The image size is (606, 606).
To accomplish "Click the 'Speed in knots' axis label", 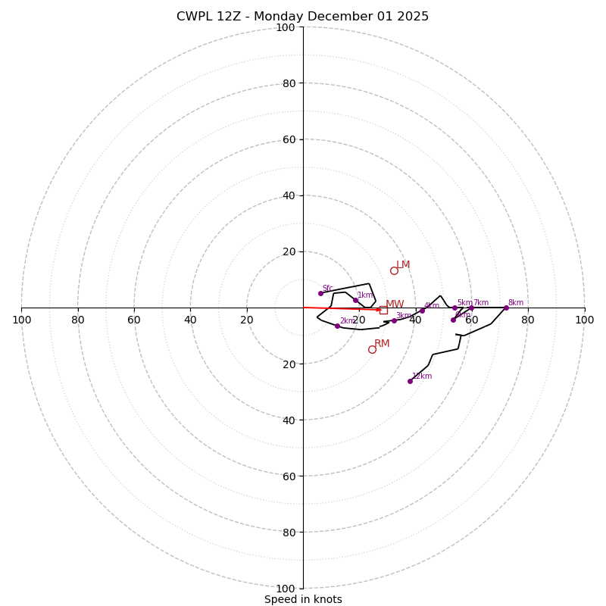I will [303, 600].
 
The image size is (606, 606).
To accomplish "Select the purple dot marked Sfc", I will [320, 293].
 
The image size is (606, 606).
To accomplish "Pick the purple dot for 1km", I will [355, 300].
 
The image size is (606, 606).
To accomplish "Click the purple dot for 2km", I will [337, 326].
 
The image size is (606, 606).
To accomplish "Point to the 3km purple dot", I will [394, 320].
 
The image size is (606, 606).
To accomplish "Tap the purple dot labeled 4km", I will [423, 310].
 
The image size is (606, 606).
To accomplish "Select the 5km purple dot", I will [454, 308].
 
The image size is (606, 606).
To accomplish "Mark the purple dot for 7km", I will [471, 308].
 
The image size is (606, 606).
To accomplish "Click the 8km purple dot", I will [506, 308].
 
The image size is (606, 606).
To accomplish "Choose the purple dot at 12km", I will [410, 381].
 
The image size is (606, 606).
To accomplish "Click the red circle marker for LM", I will [394, 270].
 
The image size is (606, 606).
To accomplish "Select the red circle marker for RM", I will [372, 349].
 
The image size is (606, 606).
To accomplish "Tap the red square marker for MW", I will [383, 310].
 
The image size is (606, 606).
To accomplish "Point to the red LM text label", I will [403, 265].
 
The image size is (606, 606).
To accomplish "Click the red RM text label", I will [382, 344].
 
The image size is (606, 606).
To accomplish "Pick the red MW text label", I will [395, 305].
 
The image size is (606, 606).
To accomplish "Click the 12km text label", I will [422, 376].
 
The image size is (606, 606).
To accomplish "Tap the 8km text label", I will [515, 303].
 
